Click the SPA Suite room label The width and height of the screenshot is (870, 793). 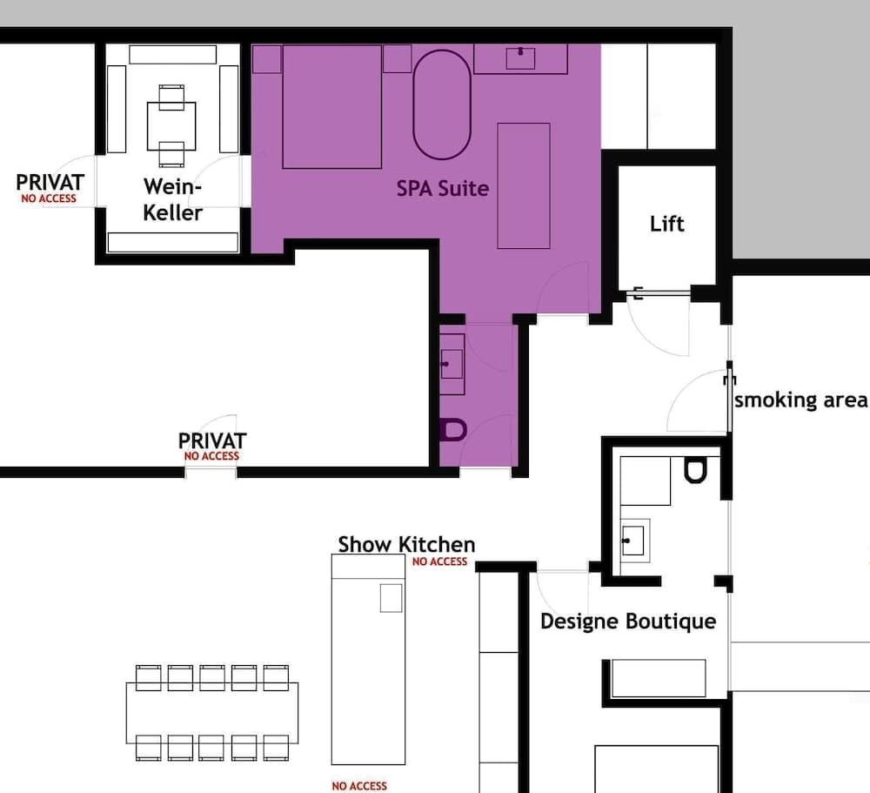coord(443,188)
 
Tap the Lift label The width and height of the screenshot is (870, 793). coord(667,224)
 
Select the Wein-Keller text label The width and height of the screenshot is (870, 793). coord(172,199)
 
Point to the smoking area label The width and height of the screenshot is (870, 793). coord(800,400)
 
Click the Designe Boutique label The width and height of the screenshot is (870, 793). coord(628,622)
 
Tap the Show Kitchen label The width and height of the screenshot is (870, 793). coord(406,545)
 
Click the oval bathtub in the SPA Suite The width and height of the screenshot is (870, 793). coord(441,105)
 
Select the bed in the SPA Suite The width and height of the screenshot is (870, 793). coord(332,107)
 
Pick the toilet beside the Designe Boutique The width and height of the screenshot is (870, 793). coord(694,471)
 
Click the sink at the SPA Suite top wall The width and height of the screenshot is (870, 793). coord(520,57)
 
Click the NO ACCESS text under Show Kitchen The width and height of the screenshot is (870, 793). coord(439,562)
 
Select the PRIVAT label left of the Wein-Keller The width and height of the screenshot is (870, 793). coord(50,183)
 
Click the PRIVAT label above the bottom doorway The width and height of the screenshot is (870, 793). coord(211,441)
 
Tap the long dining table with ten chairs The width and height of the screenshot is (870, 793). coord(211,712)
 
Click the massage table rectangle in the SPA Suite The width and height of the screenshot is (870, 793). coord(523,185)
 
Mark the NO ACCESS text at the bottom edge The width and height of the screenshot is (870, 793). coord(359,786)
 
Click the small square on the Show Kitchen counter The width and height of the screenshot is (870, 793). coord(391,598)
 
